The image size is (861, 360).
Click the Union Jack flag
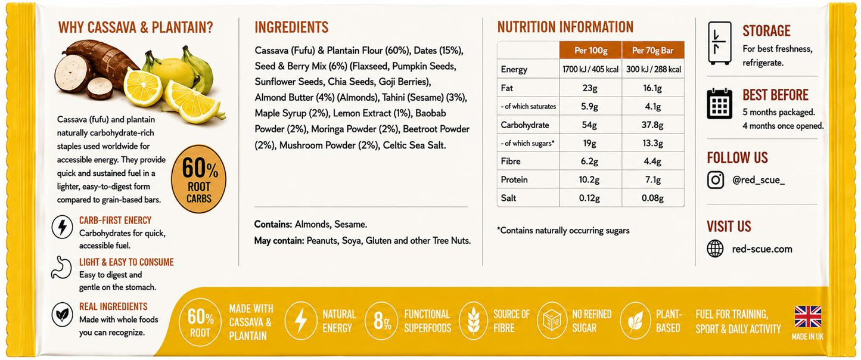click(x=808, y=316)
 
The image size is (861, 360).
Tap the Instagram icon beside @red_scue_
click(x=716, y=180)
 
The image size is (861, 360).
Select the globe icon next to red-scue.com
click(x=716, y=249)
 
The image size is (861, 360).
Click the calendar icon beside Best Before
click(x=720, y=104)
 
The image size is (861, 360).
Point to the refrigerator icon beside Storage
click(x=720, y=43)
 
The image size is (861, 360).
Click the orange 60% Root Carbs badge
click(x=199, y=179)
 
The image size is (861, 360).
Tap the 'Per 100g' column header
click(x=591, y=51)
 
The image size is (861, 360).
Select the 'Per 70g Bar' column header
click(x=653, y=51)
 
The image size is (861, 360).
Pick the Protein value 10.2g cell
click(x=589, y=179)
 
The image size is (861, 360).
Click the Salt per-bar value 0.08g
click(x=652, y=198)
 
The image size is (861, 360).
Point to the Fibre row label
click(x=511, y=161)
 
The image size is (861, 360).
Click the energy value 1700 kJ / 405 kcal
click(x=590, y=69)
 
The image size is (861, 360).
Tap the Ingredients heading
click(x=291, y=27)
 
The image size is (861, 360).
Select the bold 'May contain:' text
click(x=279, y=241)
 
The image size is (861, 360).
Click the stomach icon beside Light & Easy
click(x=61, y=268)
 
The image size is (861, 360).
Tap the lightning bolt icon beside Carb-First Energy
click(x=63, y=227)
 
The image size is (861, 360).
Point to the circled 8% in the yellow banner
click(x=382, y=321)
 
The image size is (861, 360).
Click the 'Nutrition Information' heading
click(x=565, y=27)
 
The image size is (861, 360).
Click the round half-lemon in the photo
click(x=142, y=87)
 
